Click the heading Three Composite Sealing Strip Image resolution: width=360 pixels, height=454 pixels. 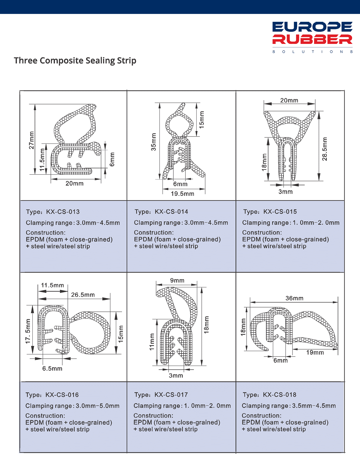coord(75,61)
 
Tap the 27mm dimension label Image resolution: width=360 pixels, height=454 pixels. coord(31,140)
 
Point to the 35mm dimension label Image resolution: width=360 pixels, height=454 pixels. coord(154,142)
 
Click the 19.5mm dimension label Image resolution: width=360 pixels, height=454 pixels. coord(182,194)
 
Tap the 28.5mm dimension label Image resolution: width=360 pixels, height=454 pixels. coord(325,149)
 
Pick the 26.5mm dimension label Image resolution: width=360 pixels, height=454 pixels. coord(83,295)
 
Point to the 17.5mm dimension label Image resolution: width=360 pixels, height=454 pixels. coord(28,331)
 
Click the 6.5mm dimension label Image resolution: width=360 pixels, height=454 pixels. coord(52,369)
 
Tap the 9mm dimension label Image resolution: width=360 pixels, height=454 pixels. coord(177,281)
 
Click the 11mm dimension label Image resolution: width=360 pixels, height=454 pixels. coord(152,342)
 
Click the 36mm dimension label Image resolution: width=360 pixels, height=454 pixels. coord(294,298)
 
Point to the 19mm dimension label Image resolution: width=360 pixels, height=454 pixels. coord(315,352)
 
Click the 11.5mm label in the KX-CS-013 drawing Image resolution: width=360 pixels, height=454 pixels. coord(42,160)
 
